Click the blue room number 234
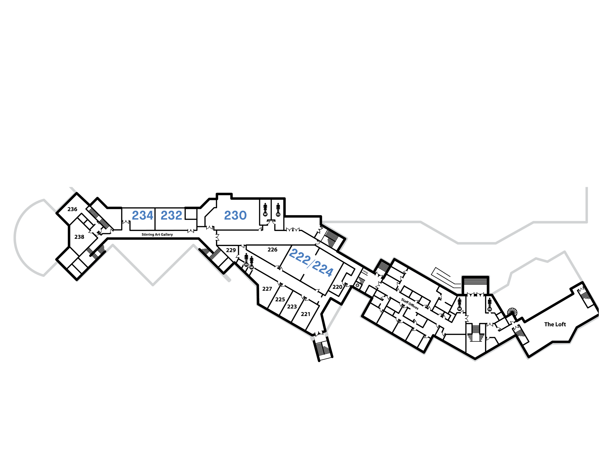(143, 215)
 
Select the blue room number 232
(171, 215)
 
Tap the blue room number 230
(235, 215)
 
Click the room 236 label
(72, 209)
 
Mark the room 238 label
(79, 237)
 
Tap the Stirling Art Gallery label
(157, 234)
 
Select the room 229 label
(231, 250)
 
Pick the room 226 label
(272, 249)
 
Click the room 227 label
(267, 289)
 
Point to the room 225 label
(280, 299)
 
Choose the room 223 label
(292, 307)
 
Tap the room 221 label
(305, 314)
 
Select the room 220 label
(337, 287)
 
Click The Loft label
(555, 324)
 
